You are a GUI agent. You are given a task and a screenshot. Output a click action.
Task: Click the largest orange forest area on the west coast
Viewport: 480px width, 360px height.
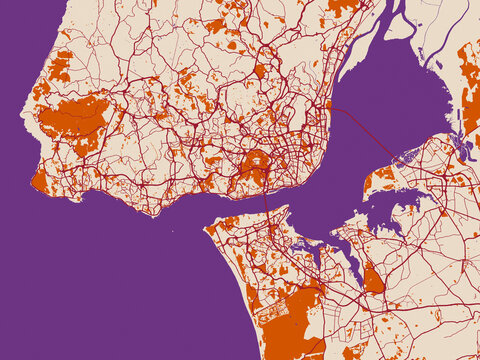coord(75,117)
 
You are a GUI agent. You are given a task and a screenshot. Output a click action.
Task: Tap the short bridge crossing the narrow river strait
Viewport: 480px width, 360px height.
coord(267,201)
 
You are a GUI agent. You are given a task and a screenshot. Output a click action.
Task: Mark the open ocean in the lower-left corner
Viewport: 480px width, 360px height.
coord(80,290)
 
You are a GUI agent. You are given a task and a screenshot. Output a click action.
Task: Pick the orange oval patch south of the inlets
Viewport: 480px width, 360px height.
coord(373,279)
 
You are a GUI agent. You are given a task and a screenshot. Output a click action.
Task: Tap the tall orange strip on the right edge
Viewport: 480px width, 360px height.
coord(469,90)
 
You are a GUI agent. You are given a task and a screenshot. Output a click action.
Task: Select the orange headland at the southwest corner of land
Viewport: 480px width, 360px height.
coord(39,181)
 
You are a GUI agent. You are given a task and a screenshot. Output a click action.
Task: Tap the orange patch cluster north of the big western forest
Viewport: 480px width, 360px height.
coord(59,68)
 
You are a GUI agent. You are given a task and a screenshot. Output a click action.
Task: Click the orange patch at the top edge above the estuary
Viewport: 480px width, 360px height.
coord(340,7)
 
